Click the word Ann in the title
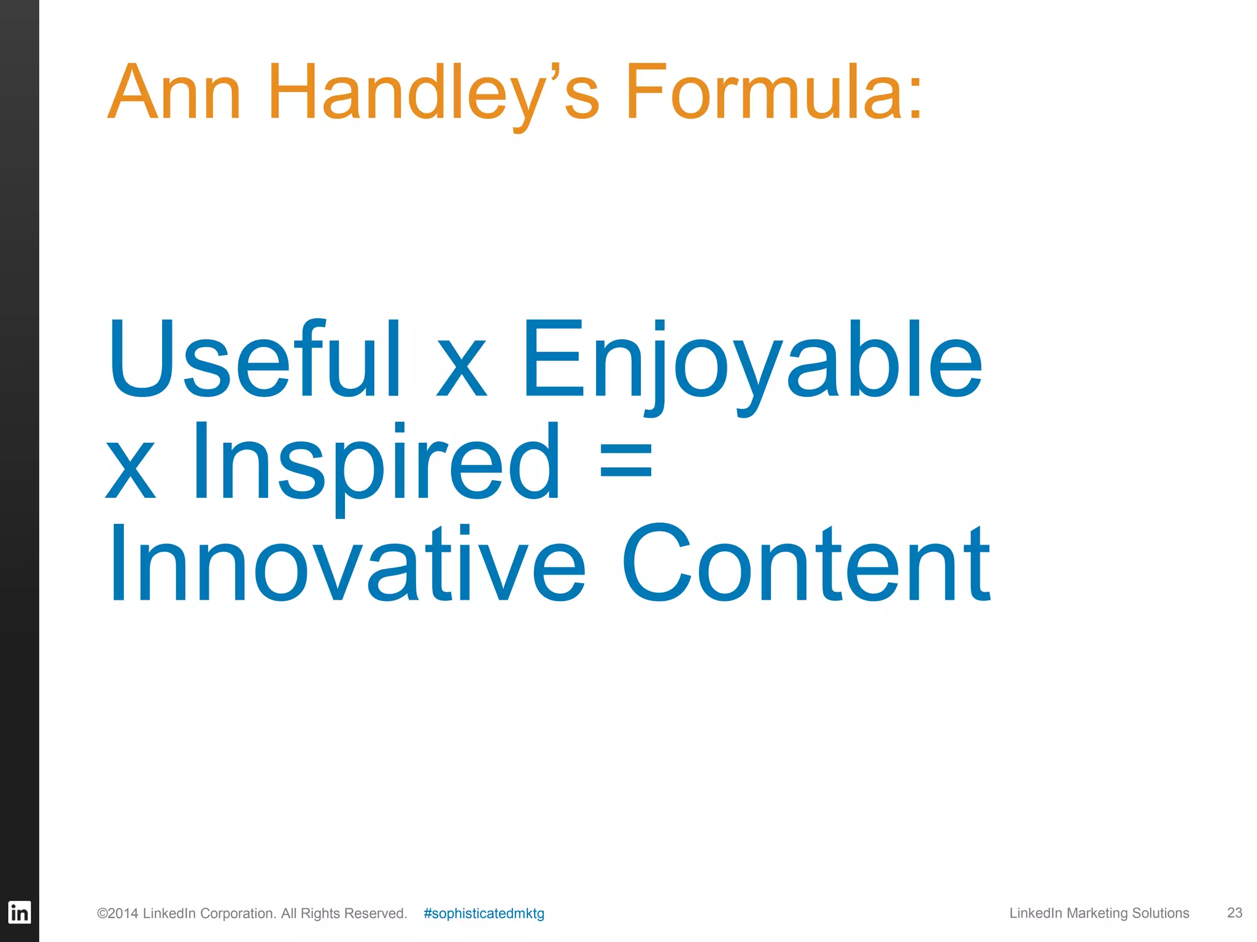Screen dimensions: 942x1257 click(x=174, y=93)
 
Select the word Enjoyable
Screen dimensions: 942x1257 click(x=752, y=362)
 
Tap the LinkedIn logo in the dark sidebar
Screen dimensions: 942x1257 click(x=19, y=913)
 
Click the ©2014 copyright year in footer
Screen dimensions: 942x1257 click(x=117, y=913)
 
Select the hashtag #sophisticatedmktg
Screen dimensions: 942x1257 click(x=484, y=913)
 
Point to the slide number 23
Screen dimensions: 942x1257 click(x=1234, y=913)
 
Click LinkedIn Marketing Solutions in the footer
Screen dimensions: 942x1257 click(x=1099, y=913)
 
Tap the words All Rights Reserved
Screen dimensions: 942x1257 click(x=344, y=913)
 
